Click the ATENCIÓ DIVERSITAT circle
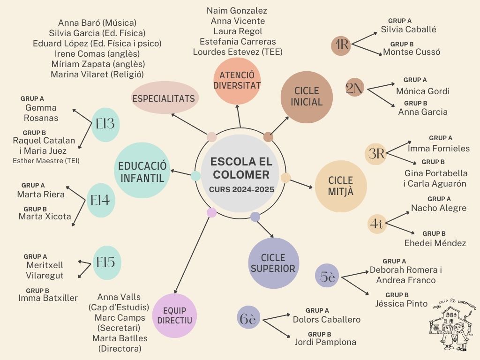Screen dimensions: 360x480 (237, 80)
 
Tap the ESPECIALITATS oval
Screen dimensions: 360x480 (164, 98)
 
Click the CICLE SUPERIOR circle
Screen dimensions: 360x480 (273, 263)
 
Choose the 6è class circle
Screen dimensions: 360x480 (248, 320)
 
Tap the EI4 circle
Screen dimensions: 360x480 (100, 201)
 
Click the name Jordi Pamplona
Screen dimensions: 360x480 (325, 342)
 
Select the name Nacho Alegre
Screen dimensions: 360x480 (439, 208)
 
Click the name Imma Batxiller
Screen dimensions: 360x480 (48, 298)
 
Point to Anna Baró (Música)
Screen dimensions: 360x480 (97, 22)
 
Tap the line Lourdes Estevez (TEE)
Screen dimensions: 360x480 (238, 52)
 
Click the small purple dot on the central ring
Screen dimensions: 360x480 (255, 217)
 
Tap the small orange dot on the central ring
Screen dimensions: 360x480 (285, 178)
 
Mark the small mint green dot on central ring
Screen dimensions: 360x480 (196, 176)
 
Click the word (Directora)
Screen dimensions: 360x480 (120, 349)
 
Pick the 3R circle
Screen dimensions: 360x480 (376, 154)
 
